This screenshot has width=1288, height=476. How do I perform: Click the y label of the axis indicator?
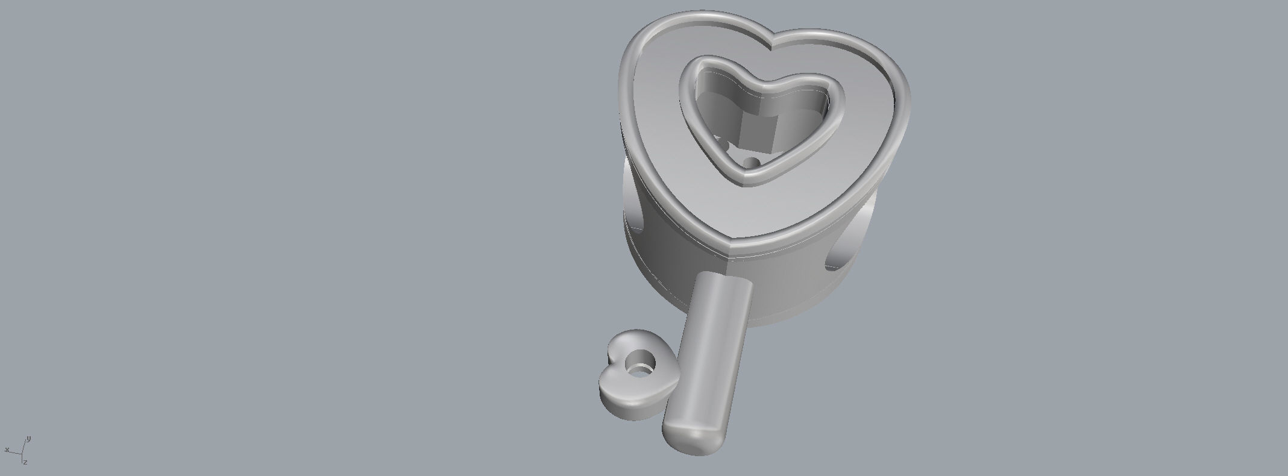tap(29, 439)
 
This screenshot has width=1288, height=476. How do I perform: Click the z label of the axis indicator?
tap(25, 462)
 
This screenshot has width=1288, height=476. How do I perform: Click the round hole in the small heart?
tap(639, 363)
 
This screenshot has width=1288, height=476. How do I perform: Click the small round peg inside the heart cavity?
tap(752, 162)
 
